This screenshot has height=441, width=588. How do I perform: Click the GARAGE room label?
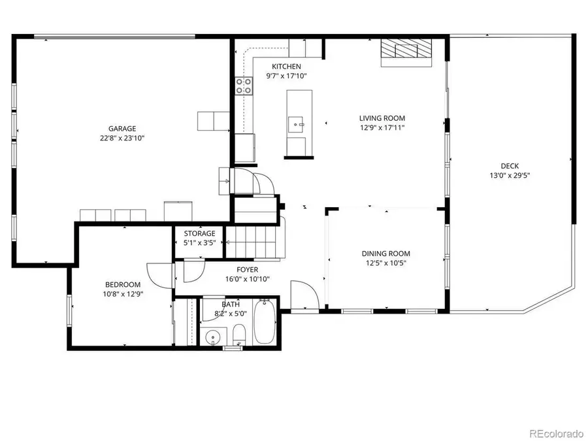(x=122, y=129)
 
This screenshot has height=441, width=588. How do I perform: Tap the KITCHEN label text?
(x=286, y=67)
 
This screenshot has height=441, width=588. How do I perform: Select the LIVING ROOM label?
(x=382, y=118)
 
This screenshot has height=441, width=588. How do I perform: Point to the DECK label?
(x=510, y=165)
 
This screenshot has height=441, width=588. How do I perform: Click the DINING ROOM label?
(x=386, y=253)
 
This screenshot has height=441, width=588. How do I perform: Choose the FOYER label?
(x=247, y=269)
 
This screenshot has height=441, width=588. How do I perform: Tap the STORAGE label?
(x=199, y=233)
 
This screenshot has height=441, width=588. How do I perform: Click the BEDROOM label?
(x=123, y=284)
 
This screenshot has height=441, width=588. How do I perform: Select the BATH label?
(x=231, y=304)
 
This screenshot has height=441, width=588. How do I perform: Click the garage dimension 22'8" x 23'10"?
(x=122, y=138)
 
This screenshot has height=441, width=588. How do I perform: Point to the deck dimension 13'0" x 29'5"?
(x=510, y=174)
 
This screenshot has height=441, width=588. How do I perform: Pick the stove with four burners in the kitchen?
(x=244, y=85)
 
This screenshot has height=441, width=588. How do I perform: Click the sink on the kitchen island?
(x=297, y=122)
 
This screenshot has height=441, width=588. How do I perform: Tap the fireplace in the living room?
(x=406, y=52)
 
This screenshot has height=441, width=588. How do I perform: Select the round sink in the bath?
(x=212, y=338)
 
